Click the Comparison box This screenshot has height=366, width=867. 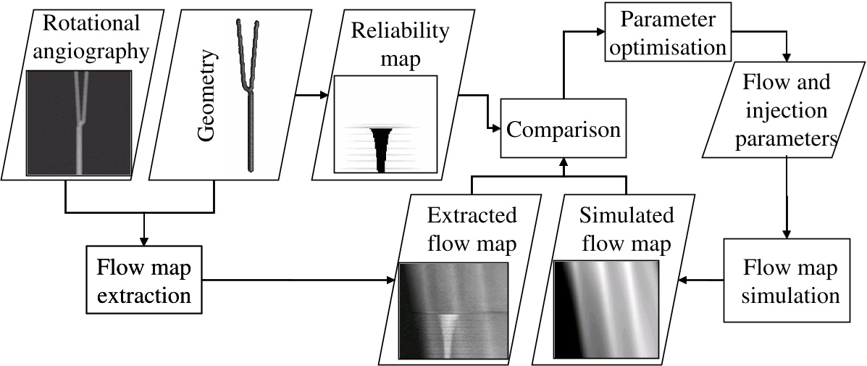[x=563, y=130]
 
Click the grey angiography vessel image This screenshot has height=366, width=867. [x=79, y=122]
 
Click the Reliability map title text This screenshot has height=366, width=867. [x=390, y=44]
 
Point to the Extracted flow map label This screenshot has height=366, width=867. [x=472, y=230]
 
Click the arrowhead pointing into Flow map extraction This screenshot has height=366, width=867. [x=144, y=241]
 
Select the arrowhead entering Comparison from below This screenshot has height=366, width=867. [x=563, y=162]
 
